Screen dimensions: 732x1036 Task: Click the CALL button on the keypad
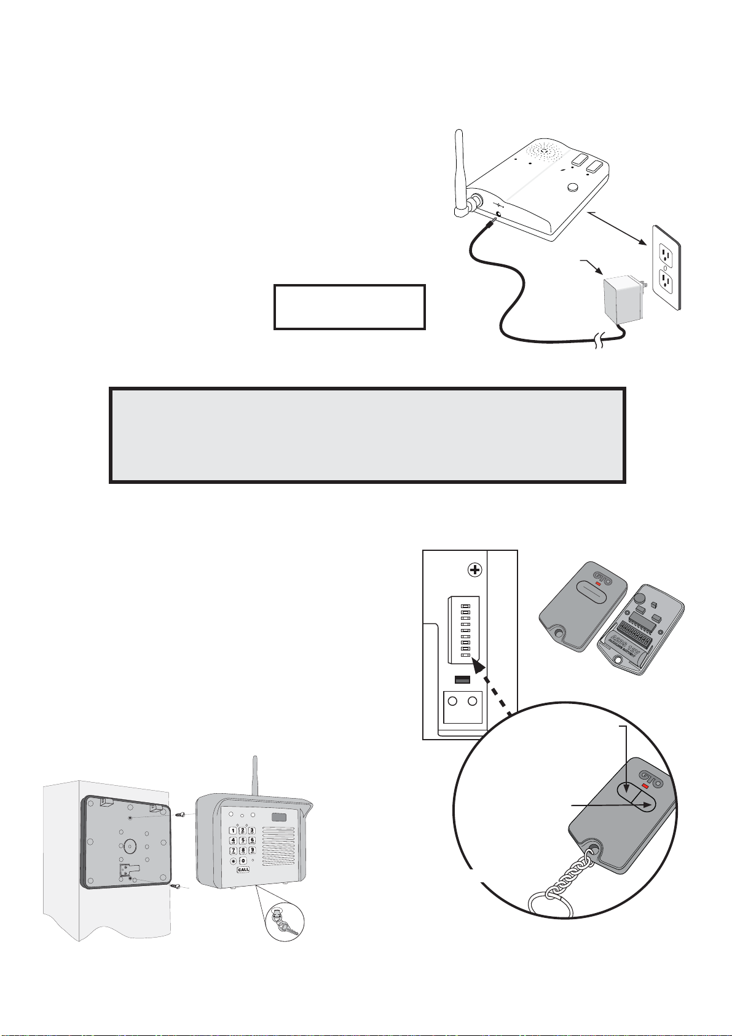coord(243,869)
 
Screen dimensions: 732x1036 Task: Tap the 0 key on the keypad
coord(243,861)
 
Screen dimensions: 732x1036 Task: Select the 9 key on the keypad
coord(252,851)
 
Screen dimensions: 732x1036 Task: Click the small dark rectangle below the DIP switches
coord(462,679)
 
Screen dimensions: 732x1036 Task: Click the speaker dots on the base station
coord(543,150)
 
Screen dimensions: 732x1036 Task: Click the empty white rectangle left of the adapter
coord(349,307)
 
